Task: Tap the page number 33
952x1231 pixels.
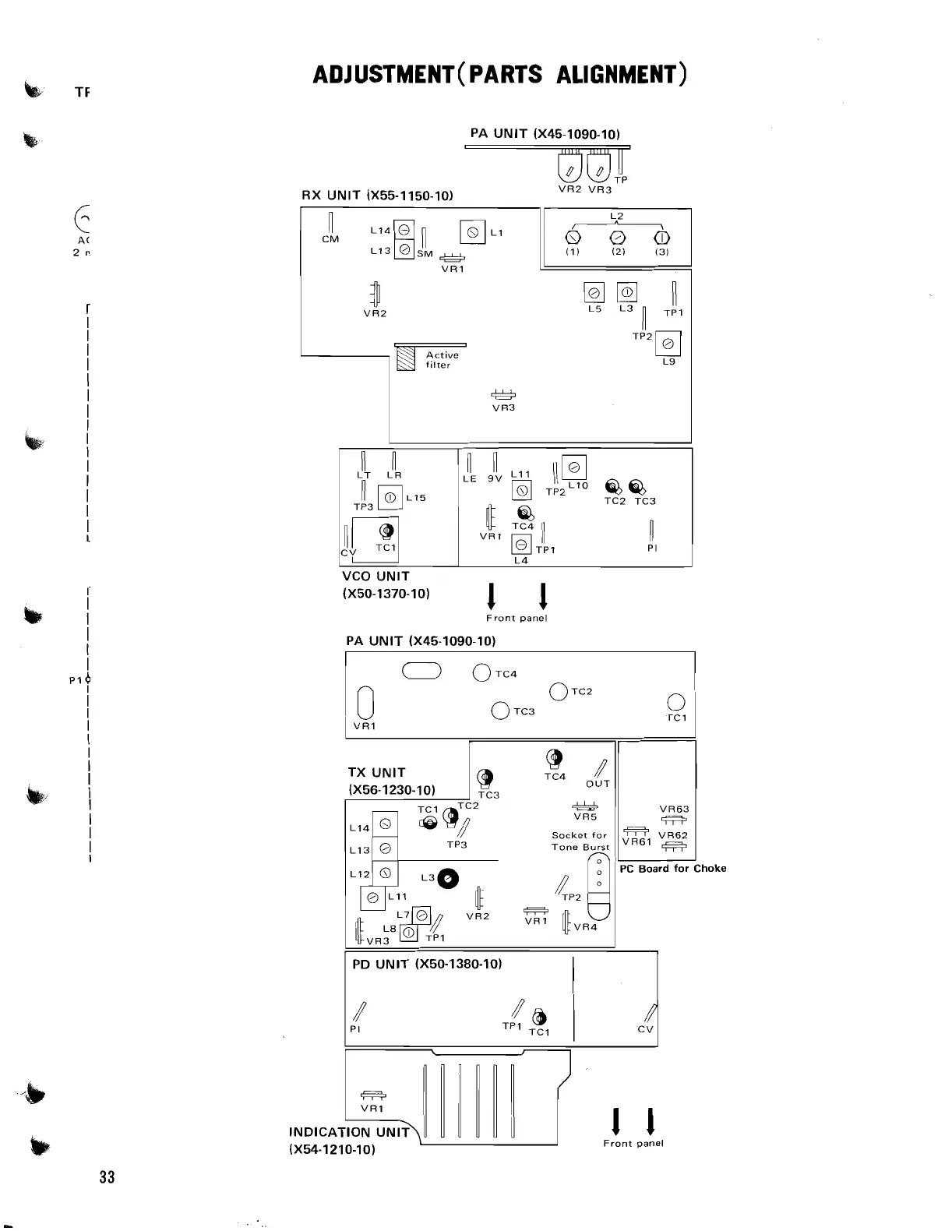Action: click(107, 1176)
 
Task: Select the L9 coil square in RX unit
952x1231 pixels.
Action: click(668, 344)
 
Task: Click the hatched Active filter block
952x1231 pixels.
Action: click(405, 359)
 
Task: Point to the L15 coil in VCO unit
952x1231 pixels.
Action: click(390, 498)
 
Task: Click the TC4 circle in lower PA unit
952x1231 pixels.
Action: click(482, 674)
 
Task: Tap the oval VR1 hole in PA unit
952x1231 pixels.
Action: click(365, 703)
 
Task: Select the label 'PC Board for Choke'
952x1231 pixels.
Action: click(672, 868)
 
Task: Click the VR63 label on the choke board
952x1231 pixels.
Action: click(674, 809)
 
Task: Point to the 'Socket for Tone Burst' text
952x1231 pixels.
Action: click(580, 841)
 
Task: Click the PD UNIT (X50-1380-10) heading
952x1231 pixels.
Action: click(427, 964)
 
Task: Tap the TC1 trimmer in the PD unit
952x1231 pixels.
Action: click(538, 1018)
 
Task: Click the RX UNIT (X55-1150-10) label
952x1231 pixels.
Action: click(377, 196)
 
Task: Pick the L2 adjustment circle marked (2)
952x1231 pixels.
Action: click(616, 238)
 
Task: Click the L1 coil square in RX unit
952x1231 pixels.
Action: click(473, 232)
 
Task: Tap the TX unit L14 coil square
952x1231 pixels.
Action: click(385, 824)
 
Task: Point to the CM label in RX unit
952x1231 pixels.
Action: click(330, 239)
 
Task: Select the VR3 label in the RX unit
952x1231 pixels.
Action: click(503, 407)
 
